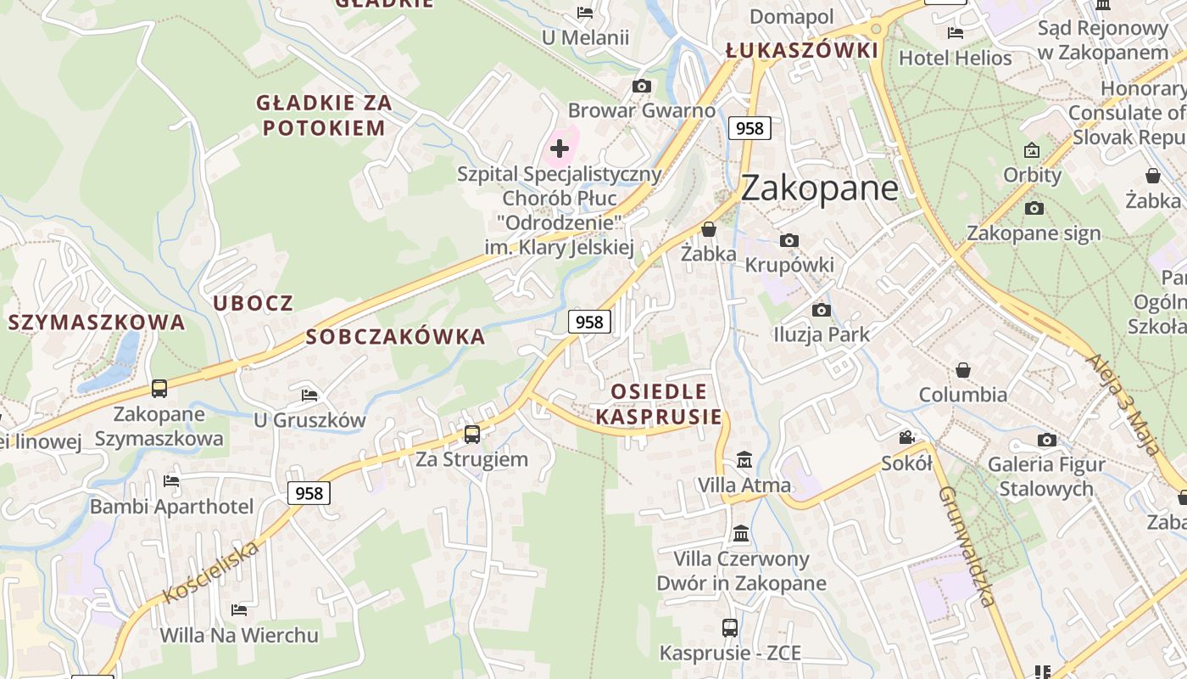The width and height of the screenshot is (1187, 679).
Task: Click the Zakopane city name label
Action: (819, 188)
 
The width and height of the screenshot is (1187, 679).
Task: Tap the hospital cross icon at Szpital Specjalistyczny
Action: (560, 149)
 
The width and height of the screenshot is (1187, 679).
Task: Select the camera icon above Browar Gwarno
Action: (642, 86)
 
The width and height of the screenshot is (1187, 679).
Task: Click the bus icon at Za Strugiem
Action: (472, 435)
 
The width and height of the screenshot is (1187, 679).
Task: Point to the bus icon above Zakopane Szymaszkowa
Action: (159, 389)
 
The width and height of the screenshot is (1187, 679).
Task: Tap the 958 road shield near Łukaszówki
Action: (750, 128)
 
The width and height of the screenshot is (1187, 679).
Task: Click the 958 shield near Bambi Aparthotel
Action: (309, 493)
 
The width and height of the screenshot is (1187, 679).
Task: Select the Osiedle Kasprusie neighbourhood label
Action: (659, 404)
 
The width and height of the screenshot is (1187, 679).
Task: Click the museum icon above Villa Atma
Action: (744, 460)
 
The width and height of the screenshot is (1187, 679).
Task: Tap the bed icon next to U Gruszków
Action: (309, 396)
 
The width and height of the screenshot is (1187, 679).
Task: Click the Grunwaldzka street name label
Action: (967, 547)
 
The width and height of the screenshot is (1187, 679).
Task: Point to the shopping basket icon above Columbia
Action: (963, 370)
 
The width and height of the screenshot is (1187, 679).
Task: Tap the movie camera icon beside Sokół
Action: (907, 437)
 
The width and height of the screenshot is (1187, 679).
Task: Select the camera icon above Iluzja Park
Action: (821, 310)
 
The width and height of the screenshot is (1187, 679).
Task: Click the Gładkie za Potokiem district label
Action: (324, 115)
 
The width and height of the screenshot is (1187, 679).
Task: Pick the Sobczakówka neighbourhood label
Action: (395, 337)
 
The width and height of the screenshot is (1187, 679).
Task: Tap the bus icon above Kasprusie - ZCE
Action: (730, 628)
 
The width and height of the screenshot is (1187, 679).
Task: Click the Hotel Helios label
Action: (955, 59)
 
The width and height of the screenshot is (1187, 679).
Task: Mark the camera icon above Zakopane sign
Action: (1034, 208)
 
